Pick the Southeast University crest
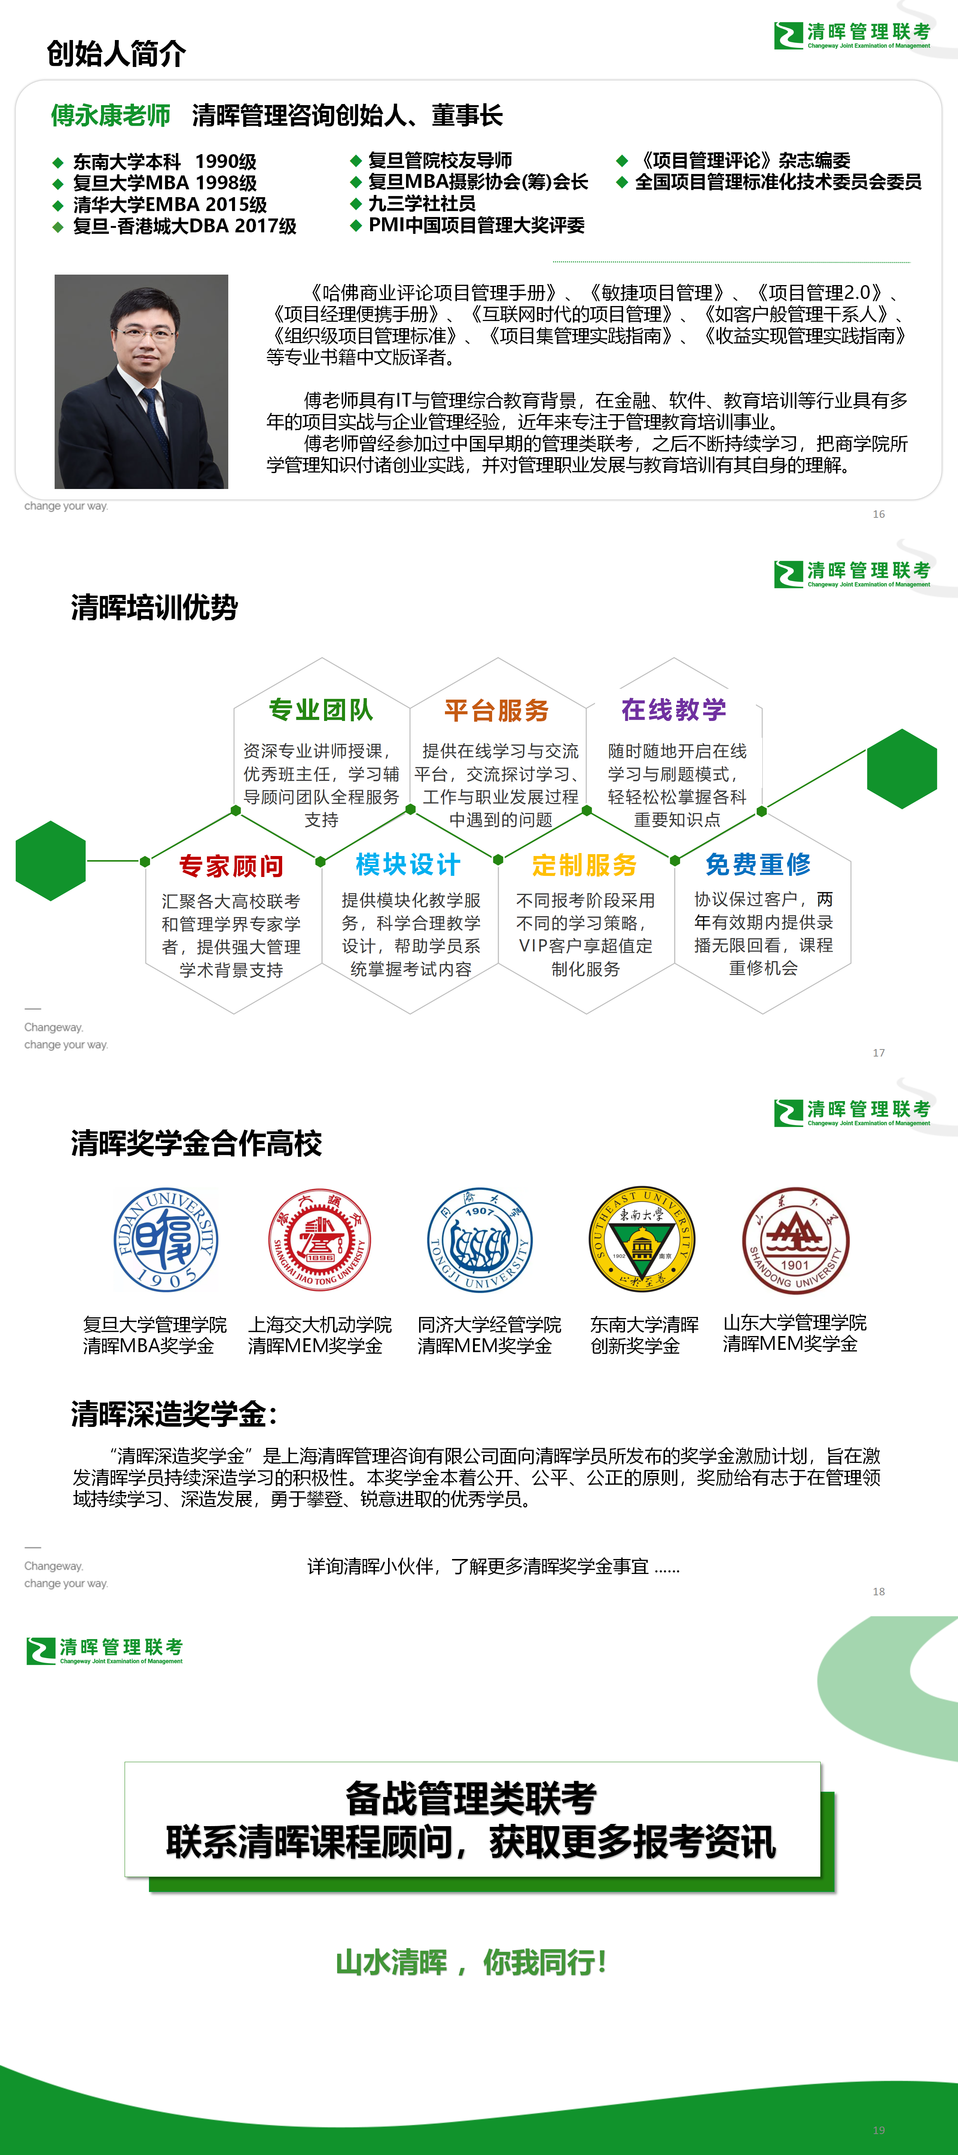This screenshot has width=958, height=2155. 642,1239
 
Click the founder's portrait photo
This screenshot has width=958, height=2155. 141,382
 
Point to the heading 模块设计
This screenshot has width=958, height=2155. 408,865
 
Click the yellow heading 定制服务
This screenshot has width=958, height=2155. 585,865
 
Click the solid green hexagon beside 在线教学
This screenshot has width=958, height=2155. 902,769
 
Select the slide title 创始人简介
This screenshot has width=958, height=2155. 116,54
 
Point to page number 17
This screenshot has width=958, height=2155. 879,1052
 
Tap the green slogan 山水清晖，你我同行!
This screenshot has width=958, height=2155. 471,1963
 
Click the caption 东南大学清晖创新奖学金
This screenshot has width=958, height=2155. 644,1335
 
